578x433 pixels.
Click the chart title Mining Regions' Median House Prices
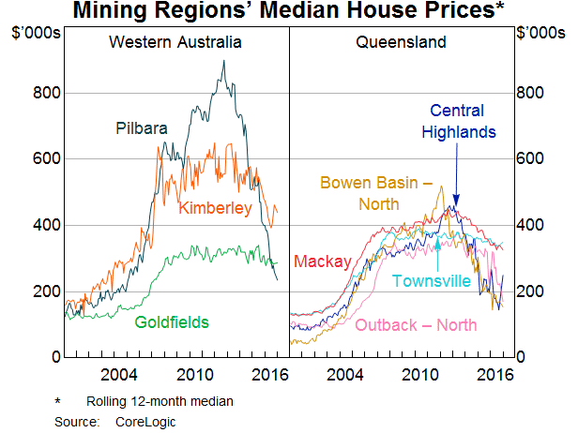[x=288, y=13]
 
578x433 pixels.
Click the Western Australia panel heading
[x=175, y=42]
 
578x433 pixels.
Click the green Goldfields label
[x=171, y=321]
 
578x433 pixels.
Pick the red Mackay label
[x=322, y=261]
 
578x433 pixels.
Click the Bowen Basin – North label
[x=367, y=192]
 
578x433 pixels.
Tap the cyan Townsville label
[x=433, y=280]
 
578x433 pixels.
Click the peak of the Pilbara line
[x=223, y=61]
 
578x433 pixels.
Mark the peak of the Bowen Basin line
[x=440, y=186]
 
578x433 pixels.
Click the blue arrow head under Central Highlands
[x=455, y=200]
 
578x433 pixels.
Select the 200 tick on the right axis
[x=531, y=291]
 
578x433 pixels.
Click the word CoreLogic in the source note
[x=146, y=422]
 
